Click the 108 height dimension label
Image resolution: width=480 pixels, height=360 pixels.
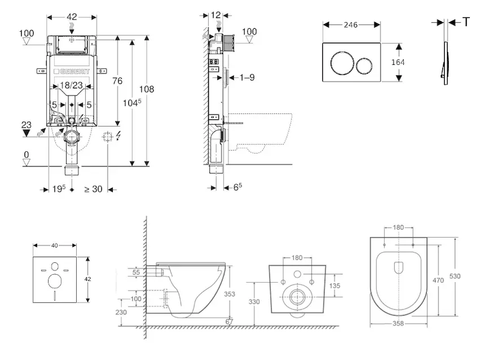click(x=147, y=89)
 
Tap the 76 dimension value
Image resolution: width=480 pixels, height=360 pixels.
click(x=118, y=82)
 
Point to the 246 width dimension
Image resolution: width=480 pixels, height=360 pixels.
click(x=351, y=25)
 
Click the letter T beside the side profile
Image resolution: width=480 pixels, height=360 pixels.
click(x=466, y=22)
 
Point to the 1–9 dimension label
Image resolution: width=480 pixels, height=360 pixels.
click(x=247, y=77)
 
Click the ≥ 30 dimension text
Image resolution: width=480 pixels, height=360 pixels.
click(x=93, y=189)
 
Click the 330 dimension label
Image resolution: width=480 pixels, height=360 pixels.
click(x=254, y=302)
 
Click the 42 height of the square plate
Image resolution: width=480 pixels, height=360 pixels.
click(x=88, y=280)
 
